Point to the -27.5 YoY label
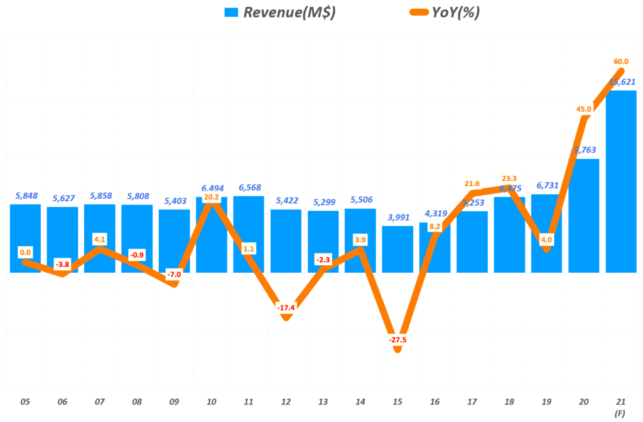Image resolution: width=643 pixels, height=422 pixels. click(x=397, y=339)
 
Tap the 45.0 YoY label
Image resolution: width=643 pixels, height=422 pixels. click(x=583, y=109)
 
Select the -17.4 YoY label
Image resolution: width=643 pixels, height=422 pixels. click(x=286, y=308)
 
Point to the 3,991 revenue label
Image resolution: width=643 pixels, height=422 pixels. click(x=397, y=217)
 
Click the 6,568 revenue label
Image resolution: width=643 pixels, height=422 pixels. click(x=249, y=187)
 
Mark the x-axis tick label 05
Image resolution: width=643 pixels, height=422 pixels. click(x=25, y=401)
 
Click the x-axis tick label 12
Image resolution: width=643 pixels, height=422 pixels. click(x=286, y=401)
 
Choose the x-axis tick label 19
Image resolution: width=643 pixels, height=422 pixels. click(x=546, y=401)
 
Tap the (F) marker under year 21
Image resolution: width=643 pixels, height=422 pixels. click(x=620, y=413)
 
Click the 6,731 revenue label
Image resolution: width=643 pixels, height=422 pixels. click(x=546, y=186)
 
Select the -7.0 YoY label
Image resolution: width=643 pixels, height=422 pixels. click(x=174, y=275)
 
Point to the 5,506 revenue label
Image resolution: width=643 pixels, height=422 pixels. click(x=360, y=200)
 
